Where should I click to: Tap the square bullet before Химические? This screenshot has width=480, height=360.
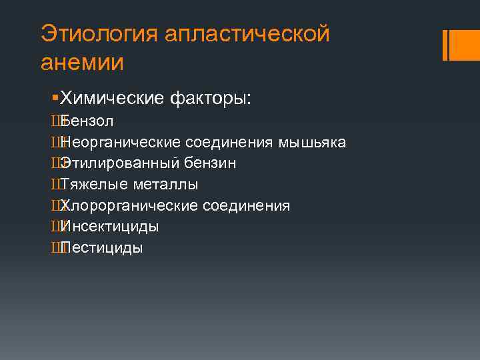coord(55,99)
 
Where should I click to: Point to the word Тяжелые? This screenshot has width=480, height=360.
coord(89,185)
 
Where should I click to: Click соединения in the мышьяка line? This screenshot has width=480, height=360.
coord(229,143)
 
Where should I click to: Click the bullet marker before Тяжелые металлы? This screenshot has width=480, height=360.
coord(53,185)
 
